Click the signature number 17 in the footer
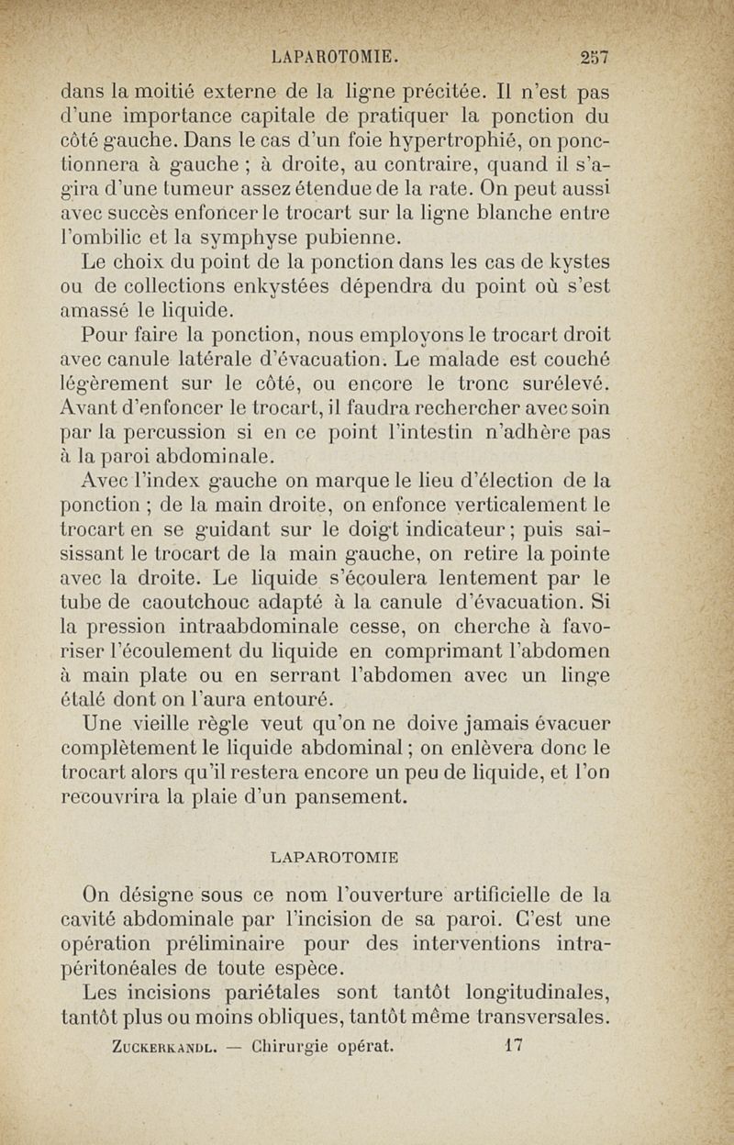pyautogui.click(x=513, y=1044)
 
